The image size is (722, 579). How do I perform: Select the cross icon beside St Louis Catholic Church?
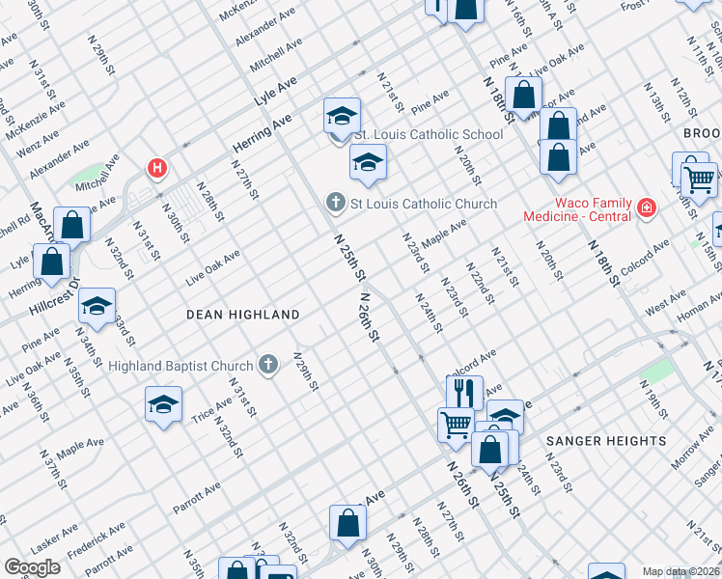click(335, 203)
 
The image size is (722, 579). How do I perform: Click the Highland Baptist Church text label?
click(180, 366)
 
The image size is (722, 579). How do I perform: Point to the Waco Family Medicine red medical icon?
click(645, 207)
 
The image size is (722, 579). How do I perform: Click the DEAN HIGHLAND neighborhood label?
click(242, 315)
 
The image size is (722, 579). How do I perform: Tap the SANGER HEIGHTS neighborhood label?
click(605, 441)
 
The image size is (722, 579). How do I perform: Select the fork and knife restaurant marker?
click(464, 392)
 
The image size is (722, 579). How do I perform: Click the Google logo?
click(32, 567)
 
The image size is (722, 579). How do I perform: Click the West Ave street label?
click(665, 306)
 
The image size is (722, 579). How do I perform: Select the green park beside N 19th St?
click(655, 371)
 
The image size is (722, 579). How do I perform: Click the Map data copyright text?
click(681, 571)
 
